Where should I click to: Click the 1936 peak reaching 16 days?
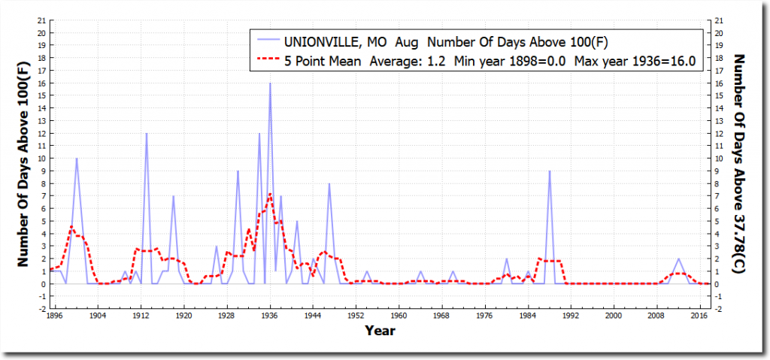pyautogui.click(x=270, y=83)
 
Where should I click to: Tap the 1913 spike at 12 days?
pyautogui.click(x=147, y=134)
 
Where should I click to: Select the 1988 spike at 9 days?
pyautogui.click(x=550, y=171)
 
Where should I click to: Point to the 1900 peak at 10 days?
pyautogui.click(x=76, y=159)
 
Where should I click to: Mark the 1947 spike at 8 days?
pyautogui.click(x=329, y=184)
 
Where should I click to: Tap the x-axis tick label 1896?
pyautogui.click(x=55, y=316)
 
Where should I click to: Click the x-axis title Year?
pyautogui.click(x=380, y=331)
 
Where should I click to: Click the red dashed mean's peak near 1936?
pyautogui.click(x=270, y=194)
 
